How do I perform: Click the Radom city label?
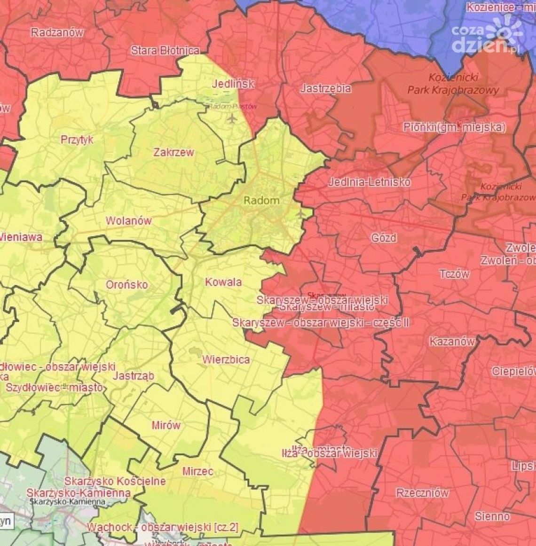[x=261, y=200]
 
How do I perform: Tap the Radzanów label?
[x=57, y=32]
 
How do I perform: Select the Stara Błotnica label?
[x=165, y=50]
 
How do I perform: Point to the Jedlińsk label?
[x=233, y=84]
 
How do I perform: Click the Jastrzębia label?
[x=325, y=88]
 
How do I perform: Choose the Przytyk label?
[x=77, y=140]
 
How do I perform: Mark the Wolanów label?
[x=128, y=220]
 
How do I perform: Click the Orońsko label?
[x=126, y=284]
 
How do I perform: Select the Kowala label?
[x=223, y=282]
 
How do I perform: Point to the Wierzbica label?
[x=226, y=359]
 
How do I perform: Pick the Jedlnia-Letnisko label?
[x=369, y=182]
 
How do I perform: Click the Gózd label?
[x=384, y=238]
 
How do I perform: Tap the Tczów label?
[x=454, y=273]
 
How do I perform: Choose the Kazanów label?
[x=452, y=341]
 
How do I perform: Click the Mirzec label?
[x=197, y=471]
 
